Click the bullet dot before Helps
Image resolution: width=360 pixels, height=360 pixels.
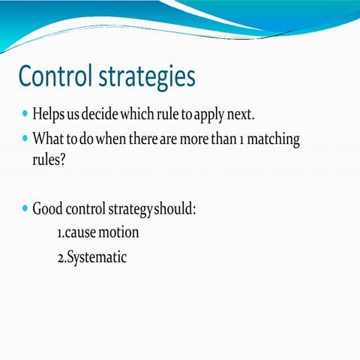(x=25, y=117)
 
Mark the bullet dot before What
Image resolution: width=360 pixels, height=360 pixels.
(x=25, y=139)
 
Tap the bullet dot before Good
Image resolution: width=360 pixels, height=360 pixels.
(x=25, y=208)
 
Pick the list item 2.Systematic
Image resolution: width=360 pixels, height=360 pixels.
(x=91, y=257)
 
